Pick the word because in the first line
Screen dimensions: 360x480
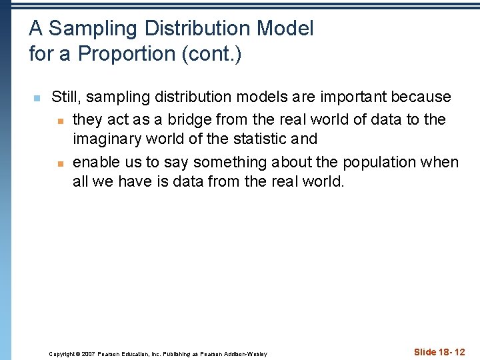(421, 97)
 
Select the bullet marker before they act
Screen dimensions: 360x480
(60, 121)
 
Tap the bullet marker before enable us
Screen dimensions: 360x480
(60, 163)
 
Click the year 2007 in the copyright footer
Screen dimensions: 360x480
(89, 353)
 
